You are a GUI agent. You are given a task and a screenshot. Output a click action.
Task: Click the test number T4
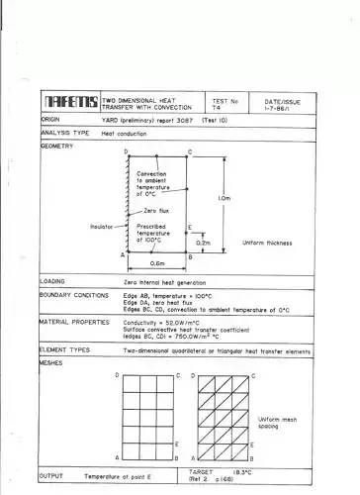[217, 105]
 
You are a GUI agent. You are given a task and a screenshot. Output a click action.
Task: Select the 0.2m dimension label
[204, 242]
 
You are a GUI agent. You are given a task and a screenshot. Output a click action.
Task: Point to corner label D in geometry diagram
[127, 151]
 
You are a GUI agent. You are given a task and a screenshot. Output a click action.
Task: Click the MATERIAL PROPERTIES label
[75, 322]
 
